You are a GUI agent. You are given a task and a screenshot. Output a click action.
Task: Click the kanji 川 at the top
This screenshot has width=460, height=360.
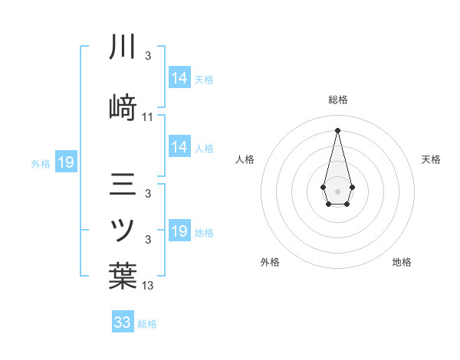point(123,47)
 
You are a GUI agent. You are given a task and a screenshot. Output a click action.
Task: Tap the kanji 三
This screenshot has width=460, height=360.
point(123,185)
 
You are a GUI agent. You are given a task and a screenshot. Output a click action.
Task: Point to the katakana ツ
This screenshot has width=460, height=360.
point(123,230)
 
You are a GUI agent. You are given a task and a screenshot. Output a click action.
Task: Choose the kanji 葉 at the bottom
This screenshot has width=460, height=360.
point(123,275)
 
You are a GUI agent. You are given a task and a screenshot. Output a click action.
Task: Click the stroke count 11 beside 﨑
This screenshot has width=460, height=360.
point(148,117)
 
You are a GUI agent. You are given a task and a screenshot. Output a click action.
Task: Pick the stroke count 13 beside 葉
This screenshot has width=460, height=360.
point(148,286)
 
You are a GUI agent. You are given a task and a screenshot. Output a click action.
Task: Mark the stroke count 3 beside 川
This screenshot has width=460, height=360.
point(148,56)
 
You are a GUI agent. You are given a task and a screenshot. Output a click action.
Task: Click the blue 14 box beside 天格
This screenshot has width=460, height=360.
point(179,78)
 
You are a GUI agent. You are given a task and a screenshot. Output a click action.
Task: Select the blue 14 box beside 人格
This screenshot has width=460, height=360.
point(179,147)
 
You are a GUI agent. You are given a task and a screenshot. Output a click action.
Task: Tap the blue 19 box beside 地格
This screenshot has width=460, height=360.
point(179,231)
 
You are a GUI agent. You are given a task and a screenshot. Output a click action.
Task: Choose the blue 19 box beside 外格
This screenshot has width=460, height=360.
point(66,162)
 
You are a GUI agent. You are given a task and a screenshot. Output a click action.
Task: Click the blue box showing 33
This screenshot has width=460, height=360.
point(123,322)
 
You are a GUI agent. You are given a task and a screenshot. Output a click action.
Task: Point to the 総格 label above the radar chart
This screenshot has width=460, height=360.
point(337,100)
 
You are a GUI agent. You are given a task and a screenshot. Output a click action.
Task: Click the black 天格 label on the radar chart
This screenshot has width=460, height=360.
point(432,159)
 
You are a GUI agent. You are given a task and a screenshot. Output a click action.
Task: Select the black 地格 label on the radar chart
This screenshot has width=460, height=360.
point(402,262)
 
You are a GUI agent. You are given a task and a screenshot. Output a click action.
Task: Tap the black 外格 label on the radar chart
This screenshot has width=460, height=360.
point(270,262)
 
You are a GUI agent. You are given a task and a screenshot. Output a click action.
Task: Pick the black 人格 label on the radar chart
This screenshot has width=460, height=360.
point(245,159)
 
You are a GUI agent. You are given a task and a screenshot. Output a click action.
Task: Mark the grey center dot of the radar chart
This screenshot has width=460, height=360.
point(337,190)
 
